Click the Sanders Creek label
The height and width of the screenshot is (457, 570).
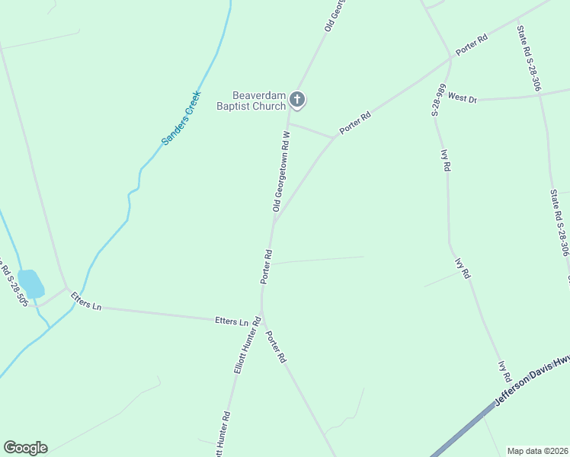pos(181,119)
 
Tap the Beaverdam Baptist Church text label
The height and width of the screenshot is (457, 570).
pos(250,101)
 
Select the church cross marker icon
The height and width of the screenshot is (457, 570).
pos(297,99)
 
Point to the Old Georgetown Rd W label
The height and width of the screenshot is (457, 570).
pos(281,171)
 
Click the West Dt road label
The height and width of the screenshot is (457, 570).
pos(462,97)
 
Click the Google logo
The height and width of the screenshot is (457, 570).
pos(25,448)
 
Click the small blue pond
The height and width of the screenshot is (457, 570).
pos(31,283)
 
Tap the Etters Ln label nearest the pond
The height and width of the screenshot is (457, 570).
pos(86,301)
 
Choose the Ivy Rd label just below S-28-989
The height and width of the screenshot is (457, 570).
pos(446,160)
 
